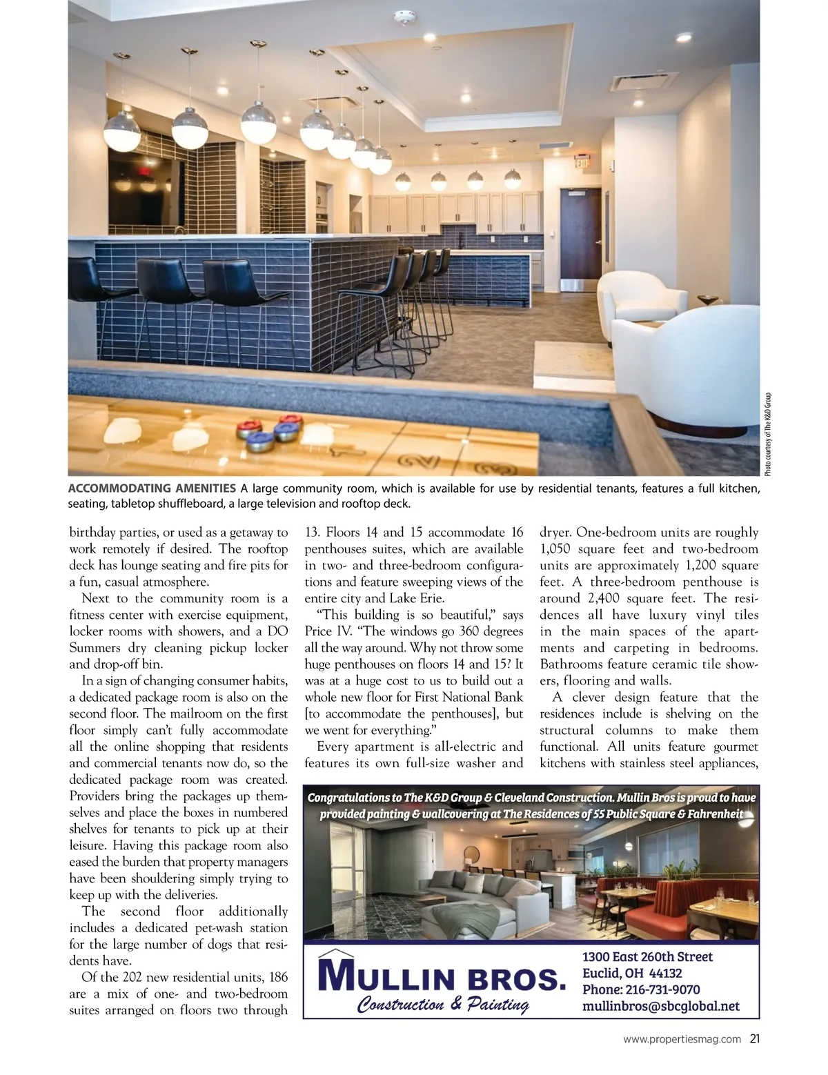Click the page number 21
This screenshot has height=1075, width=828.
754,1038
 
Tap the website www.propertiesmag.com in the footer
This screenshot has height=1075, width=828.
682,1039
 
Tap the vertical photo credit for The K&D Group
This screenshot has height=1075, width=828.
767,433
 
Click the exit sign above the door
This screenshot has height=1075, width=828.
582,164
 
